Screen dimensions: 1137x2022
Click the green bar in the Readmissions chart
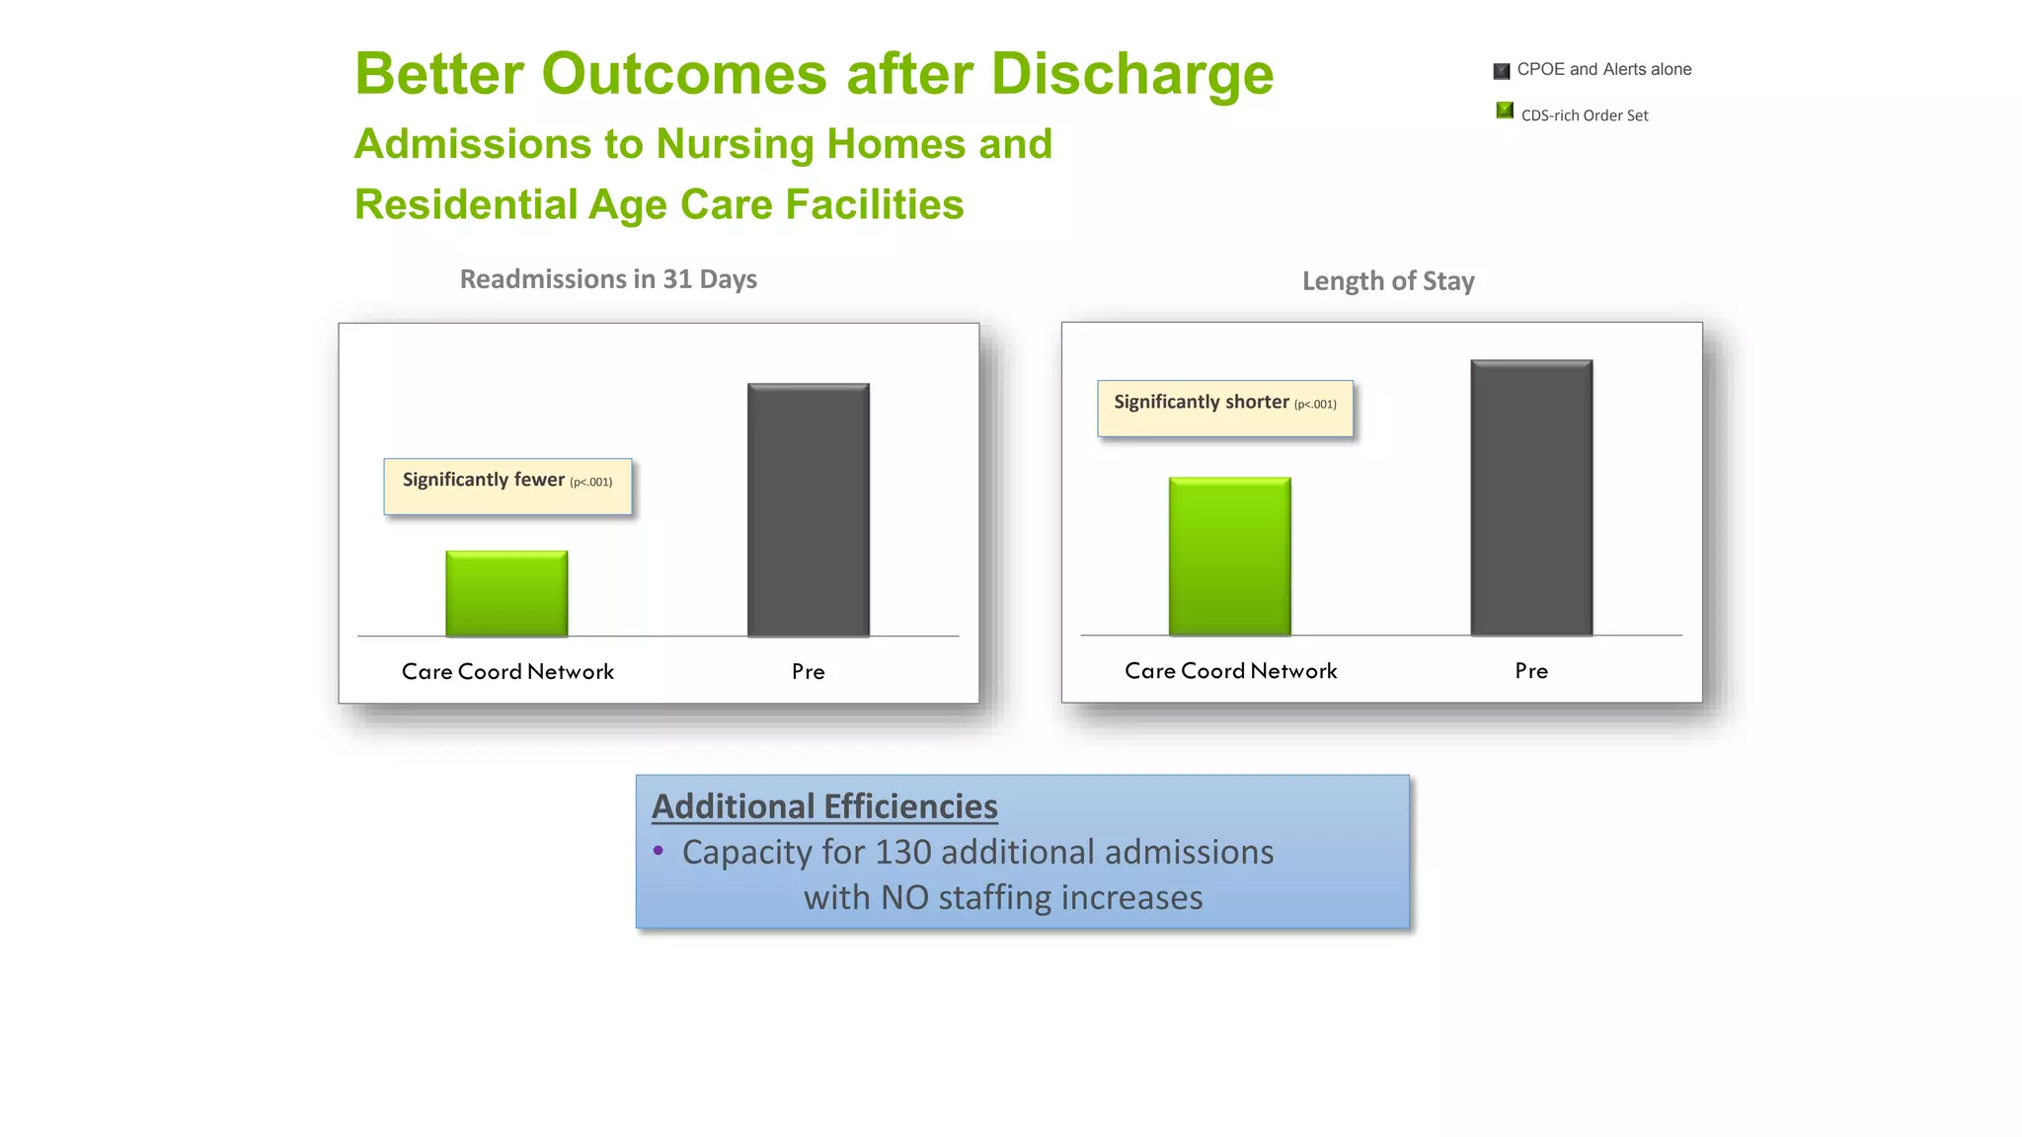506,593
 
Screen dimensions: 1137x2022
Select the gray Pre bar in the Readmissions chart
808,509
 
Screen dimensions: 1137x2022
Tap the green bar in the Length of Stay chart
1229,556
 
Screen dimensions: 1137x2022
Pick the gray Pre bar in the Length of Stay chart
1531,497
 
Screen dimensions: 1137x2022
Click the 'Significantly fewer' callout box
507,486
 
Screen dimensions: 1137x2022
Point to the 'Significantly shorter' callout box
1224,408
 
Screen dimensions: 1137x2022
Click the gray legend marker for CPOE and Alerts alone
1502,71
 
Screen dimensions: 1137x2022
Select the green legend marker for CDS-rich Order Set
1505,111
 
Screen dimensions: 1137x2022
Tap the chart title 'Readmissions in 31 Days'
608,279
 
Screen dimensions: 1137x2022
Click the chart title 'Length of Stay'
1388,281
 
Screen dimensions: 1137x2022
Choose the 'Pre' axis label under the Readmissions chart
808,672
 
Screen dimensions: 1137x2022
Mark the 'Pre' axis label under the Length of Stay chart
1531,671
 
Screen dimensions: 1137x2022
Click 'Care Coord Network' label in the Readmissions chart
507,672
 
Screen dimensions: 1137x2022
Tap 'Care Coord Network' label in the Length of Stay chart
1230,671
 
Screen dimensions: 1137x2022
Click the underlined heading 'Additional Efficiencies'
824,806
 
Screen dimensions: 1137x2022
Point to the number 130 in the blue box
902,852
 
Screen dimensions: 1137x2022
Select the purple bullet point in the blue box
659,850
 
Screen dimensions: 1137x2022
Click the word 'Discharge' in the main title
1131,75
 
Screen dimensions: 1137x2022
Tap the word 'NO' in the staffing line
903,898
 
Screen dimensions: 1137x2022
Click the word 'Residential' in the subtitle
465,205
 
